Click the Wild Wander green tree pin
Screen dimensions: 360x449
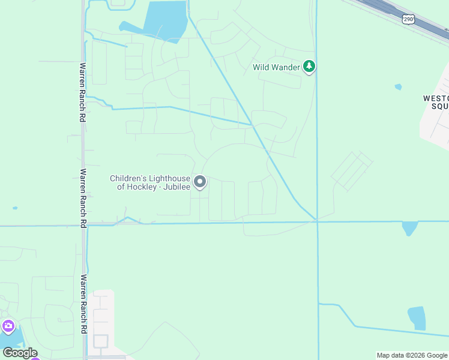309,67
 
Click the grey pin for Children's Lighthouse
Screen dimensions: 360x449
200,181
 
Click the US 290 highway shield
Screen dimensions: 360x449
409,19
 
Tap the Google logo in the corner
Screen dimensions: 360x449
20,353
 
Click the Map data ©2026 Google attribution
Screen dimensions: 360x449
412,355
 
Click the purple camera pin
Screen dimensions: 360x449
8,326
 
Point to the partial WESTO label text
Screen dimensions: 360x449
436,98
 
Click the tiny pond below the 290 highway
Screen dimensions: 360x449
398,87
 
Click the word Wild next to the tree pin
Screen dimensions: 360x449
261,67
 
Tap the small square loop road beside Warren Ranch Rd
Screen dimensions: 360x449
100,341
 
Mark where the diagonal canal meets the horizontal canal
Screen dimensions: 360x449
316,221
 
